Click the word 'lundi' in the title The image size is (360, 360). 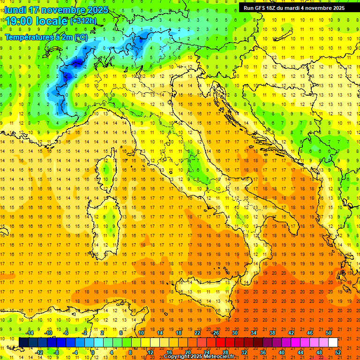[15, 10]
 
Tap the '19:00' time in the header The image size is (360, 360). [19, 21]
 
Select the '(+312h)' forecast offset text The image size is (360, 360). [83, 21]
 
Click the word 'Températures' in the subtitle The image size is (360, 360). [30, 37]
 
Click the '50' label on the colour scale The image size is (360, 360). [328, 333]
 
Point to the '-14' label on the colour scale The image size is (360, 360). [30, 333]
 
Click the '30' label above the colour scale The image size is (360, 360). [234, 333]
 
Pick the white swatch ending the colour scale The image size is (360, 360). [333, 342]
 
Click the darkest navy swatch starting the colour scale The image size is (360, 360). [23, 342]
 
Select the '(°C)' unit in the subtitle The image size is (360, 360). [81, 37]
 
